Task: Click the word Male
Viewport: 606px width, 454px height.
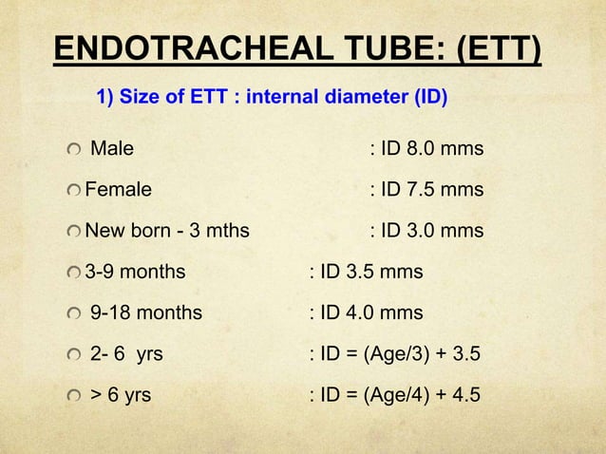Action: point(111,149)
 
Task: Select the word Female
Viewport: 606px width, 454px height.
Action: point(119,190)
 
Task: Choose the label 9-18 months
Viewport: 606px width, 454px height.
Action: point(145,313)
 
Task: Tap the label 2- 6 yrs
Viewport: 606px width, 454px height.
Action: point(126,355)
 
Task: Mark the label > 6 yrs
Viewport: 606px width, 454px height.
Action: point(120,396)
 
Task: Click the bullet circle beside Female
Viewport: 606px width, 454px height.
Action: point(74,192)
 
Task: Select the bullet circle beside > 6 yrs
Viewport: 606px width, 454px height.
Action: point(74,398)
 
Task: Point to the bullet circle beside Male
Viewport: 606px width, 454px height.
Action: point(74,151)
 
